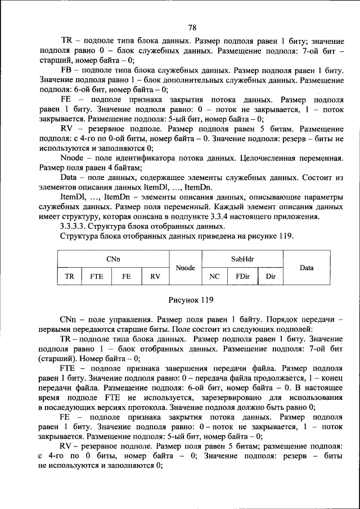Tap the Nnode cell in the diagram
pos(185,268)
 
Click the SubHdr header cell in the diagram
pos(241,259)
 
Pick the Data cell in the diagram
pos(307,268)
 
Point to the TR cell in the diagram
pos(70,277)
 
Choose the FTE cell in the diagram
pos(97,277)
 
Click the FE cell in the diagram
pos(127,277)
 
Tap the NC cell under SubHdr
pos(214,277)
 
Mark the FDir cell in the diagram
pos(242,277)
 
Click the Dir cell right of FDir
pos(271,277)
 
